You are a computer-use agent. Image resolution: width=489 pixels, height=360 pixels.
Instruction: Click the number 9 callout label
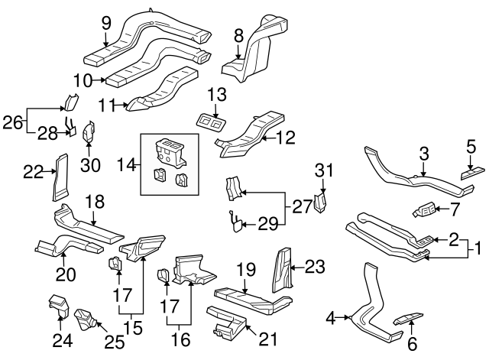tap(106, 22)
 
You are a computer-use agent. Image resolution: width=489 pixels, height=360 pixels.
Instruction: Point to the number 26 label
tap(12, 120)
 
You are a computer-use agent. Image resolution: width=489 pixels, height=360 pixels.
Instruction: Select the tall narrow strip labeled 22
tap(59, 175)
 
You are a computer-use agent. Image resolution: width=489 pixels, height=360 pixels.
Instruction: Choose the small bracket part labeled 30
tap(88, 132)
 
